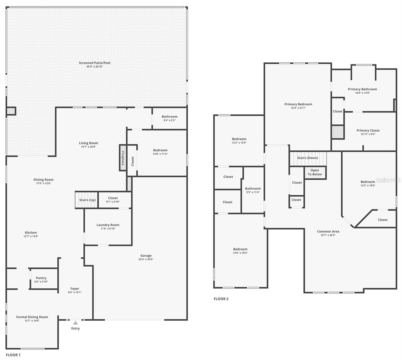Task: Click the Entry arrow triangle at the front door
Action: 76,323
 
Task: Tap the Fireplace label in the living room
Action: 123,158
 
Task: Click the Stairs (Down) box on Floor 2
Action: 308,158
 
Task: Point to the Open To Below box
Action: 315,172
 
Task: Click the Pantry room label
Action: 41,278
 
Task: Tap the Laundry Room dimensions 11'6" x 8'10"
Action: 108,229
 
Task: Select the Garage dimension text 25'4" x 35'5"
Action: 146,259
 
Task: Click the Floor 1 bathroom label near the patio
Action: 170,117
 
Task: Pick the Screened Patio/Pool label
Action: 95,63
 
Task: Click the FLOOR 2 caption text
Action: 221,299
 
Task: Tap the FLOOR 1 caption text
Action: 13,355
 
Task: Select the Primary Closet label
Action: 368,130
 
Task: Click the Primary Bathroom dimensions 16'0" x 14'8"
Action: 362,93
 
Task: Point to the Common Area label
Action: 328,232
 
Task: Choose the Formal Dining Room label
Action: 32,317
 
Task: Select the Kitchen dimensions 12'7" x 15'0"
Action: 31,236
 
